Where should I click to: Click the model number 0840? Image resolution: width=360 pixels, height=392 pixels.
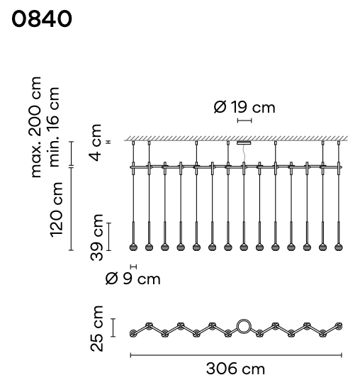tap(42, 18)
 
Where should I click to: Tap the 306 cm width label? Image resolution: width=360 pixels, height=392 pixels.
tap(235, 369)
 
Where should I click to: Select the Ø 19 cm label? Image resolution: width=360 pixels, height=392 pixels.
tap(244, 107)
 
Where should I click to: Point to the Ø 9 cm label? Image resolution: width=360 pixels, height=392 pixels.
tap(133, 279)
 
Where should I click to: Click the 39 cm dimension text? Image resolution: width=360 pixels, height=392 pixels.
tap(97, 237)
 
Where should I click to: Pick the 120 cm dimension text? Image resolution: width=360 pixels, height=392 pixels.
tap(56, 210)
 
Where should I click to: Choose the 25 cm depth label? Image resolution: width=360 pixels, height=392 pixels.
tap(97, 328)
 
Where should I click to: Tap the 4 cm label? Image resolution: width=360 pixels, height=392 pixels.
tap(95, 142)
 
